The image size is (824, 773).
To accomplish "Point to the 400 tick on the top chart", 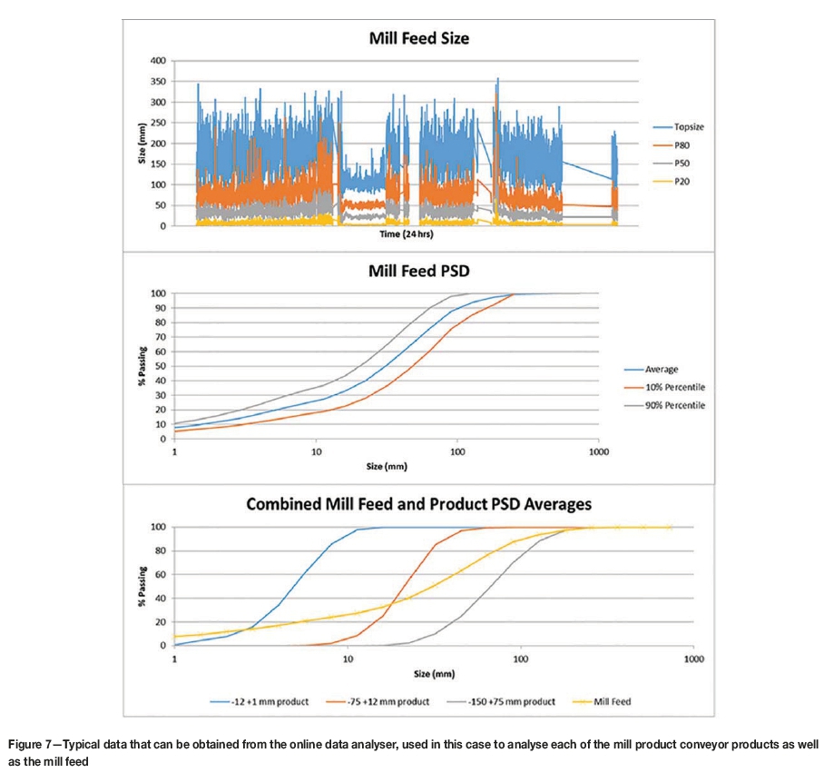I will [157, 61].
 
